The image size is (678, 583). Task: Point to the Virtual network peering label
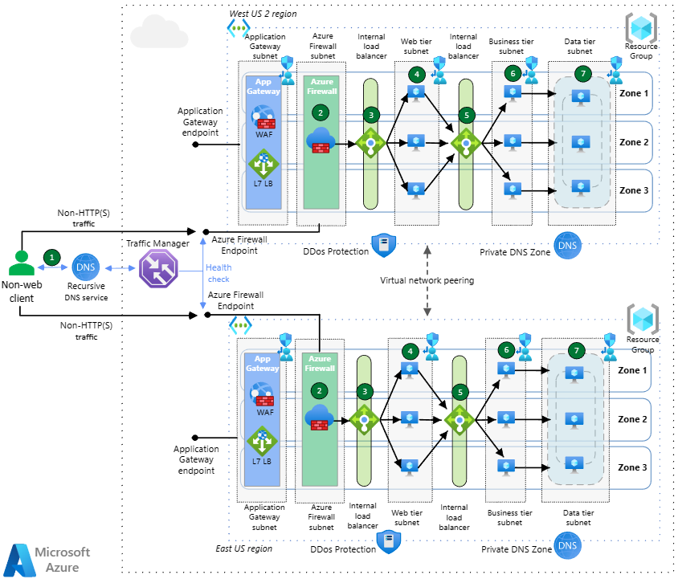pos(426,281)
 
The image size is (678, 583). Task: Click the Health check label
pos(218,273)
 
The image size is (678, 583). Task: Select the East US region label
pos(245,548)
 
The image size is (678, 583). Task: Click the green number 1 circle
pos(52,257)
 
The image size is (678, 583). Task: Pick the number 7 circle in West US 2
pos(583,73)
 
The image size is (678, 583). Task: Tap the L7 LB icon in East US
pos(262,442)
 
